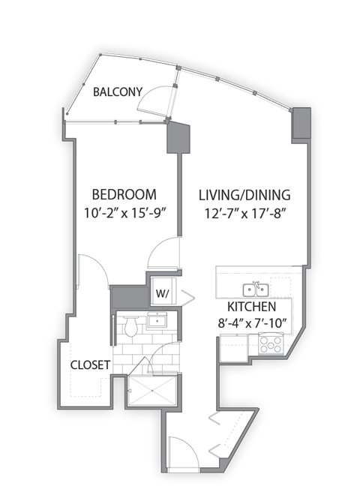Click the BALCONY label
point(118,92)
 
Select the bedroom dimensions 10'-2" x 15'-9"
point(124,212)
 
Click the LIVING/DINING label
point(244,196)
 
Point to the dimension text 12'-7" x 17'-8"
point(244,213)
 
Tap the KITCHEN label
point(252,307)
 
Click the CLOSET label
point(91,365)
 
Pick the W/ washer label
point(163,292)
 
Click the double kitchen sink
point(256,289)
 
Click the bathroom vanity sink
point(157,321)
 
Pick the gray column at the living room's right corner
point(301,123)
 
